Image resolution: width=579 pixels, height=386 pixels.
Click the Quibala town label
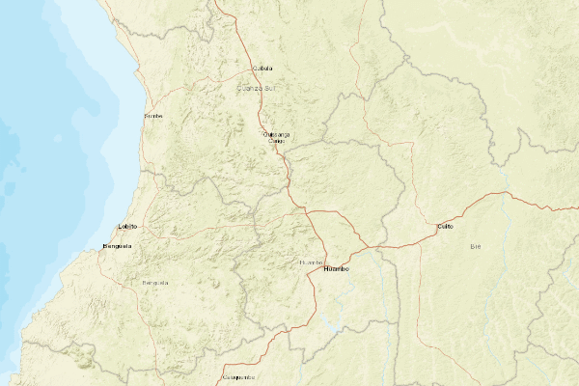click(x=262, y=69)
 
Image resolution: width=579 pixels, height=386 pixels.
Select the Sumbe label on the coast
click(x=153, y=116)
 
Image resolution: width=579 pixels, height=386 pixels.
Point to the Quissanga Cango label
click(x=276, y=137)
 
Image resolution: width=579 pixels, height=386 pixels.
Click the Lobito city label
click(x=127, y=226)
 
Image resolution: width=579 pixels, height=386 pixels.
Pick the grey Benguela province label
click(x=154, y=283)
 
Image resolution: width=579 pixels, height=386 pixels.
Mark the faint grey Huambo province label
click(x=311, y=262)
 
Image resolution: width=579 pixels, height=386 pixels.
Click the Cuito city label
click(x=445, y=226)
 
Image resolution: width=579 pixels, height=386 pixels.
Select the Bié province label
click(x=475, y=247)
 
